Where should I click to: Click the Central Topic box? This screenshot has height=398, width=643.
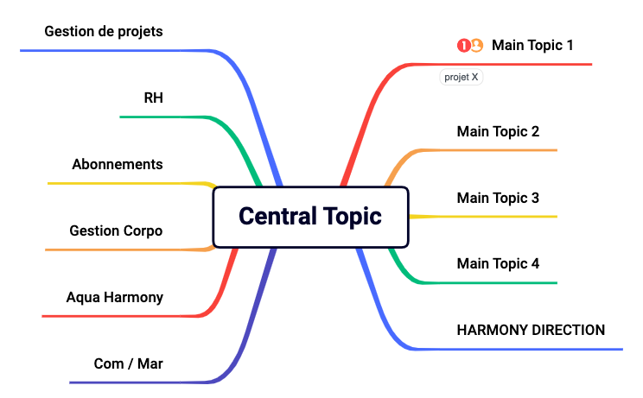(311, 217)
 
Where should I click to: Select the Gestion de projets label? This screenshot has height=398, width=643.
(104, 32)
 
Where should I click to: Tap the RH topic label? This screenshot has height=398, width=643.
(153, 98)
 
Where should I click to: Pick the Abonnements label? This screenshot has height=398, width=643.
(118, 164)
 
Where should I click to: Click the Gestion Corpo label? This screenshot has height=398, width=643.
(116, 231)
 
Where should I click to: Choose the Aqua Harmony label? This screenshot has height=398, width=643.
(115, 297)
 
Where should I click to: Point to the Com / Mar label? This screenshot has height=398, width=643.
(129, 363)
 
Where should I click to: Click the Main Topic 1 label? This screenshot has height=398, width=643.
(532, 46)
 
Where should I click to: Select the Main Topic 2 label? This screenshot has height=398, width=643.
(498, 132)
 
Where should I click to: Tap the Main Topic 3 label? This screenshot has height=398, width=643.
(498, 199)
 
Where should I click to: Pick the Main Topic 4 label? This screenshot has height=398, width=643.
(498, 263)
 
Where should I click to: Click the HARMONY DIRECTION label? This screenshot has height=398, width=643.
(531, 330)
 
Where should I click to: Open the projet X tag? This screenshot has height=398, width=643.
(462, 77)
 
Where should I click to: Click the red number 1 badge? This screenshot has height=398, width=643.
(463, 46)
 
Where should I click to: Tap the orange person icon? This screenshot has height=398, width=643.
(476, 45)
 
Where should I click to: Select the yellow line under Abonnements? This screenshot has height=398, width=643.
(131, 183)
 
